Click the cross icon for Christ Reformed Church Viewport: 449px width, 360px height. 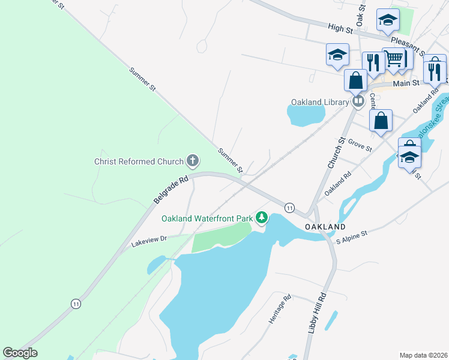click(x=193, y=160)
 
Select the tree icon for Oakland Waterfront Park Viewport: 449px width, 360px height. click(x=261, y=217)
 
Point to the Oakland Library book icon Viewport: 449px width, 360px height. click(x=358, y=101)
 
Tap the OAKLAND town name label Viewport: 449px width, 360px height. click(x=325, y=227)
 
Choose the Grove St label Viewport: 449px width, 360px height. click(x=360, y=146)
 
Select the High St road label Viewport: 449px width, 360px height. click(x=340, y=27)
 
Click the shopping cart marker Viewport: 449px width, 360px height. click(x=394, y=59)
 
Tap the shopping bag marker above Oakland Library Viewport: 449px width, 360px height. click(x=355, y=80)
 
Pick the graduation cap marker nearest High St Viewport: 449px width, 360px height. click(x=388, y=20)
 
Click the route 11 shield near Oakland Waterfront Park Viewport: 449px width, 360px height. click(x=289, y=207)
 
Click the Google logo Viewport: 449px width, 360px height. click(x=20, y=353)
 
